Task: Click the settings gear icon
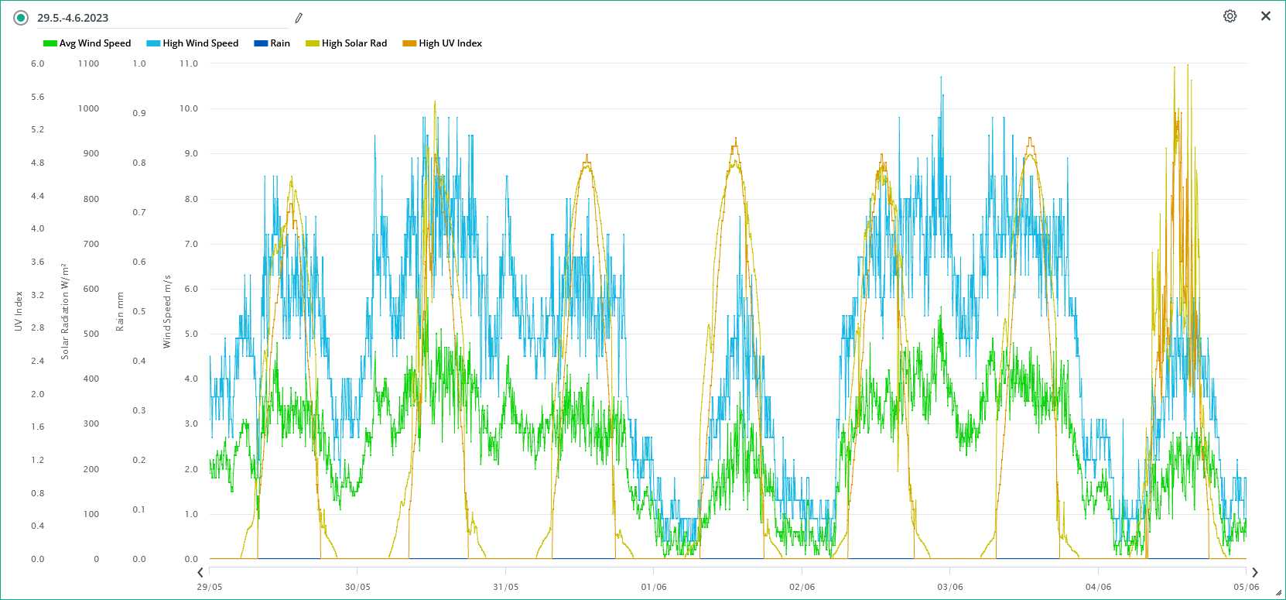(x=1230, y=16)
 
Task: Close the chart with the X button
(x=1266, y=16)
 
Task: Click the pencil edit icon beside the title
(x=299, y=18)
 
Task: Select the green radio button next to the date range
(x=21, y=18)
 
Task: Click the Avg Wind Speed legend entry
(x=87, y=43)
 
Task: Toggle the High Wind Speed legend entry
(x=193, y=43)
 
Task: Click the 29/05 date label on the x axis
(x=210, y=587)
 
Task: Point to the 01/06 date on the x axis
(x=654, y=587)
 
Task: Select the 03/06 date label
(x=950, y=587)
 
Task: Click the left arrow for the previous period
(x=200, y=573)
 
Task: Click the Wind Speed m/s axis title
(x=167, y=311)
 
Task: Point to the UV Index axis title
(x=19, y=311)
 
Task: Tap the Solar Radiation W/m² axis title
(x=65, y=311)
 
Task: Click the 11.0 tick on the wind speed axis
(x=189, y=63)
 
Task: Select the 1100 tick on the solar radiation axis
(x=88, y=63)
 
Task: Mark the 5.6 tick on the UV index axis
(x=38, y=97)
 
